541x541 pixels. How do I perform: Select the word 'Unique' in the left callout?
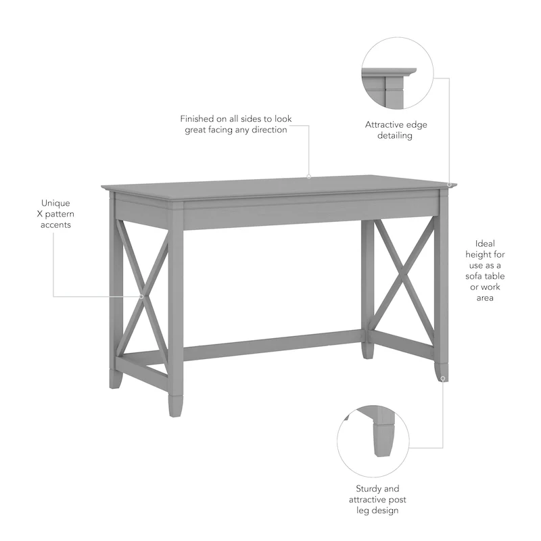point(55,203)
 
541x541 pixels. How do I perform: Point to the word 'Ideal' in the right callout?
point(485,243)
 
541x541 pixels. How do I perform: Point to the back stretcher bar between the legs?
point(270,346)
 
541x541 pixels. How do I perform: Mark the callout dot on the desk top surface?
point(308,177)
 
